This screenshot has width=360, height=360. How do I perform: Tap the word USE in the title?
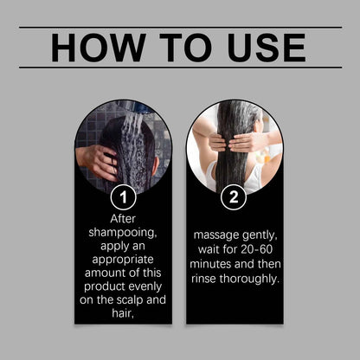(x=267, y=48)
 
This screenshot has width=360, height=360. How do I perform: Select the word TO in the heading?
(x=188, y=48)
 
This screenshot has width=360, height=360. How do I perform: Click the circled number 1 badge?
(x=123, y=197)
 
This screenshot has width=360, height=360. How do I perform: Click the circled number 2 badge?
(x=234, y=197)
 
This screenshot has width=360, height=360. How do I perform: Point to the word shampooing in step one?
(x=123, y=233)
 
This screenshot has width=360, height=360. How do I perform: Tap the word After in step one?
(x=123, y=219)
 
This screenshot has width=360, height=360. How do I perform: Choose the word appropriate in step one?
(x=123, y=260)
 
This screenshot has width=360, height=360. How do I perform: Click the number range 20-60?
(x=257, y=249)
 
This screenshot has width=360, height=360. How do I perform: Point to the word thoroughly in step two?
(x=249, y=279)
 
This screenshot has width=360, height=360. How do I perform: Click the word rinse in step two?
(x=204, y=279)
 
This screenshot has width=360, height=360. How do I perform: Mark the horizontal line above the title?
(x=181, y=28)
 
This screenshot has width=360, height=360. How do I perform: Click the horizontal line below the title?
(x=181, y=67)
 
